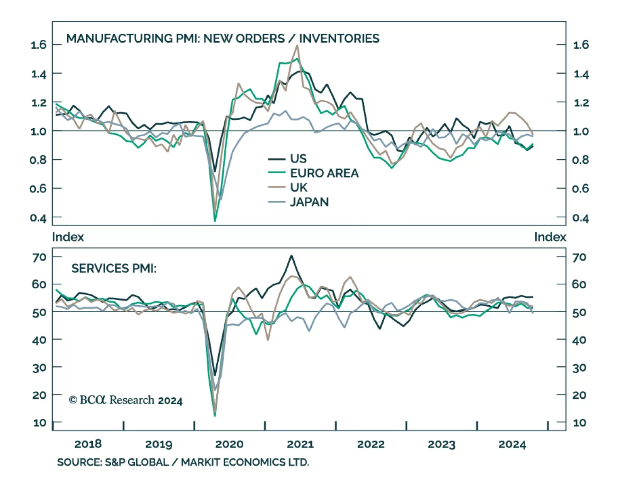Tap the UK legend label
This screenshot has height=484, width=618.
point(299,188)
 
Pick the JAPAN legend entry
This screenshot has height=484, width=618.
point(309,202)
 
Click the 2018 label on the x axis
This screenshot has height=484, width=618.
point(88,444)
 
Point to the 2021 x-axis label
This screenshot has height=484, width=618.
point(300,444)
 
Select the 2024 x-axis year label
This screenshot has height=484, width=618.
point(512,444)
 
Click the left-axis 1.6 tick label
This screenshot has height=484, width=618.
point(38,45)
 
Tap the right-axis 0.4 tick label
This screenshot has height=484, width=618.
point(581,218)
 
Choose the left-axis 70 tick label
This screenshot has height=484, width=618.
point(39,257)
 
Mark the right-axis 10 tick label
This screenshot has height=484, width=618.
point(579,423)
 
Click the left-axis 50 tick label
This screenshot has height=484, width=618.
point(39,312)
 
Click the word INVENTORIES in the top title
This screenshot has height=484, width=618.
point(339,39)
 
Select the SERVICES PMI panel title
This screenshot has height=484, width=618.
point(114,269)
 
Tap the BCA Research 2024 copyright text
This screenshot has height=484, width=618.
point(126,400)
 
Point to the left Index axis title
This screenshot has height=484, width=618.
point(68,237)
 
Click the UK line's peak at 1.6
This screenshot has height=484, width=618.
point(297,46)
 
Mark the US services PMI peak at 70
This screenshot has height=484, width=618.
point(291,256)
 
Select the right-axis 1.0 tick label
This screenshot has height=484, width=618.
point(581,131)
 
